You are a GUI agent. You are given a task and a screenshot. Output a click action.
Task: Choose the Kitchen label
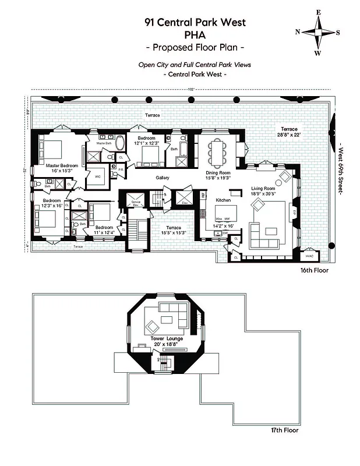point(224,200)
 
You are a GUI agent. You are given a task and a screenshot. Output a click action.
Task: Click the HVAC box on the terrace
point(308,256)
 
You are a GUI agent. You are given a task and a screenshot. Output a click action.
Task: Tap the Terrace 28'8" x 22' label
point(290,131)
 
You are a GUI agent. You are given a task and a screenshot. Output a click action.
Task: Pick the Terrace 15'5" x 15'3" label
point(174,230)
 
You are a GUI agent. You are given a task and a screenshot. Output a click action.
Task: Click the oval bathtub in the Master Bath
point(119,143)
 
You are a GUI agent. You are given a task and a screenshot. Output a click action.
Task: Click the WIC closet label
point(97,176)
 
